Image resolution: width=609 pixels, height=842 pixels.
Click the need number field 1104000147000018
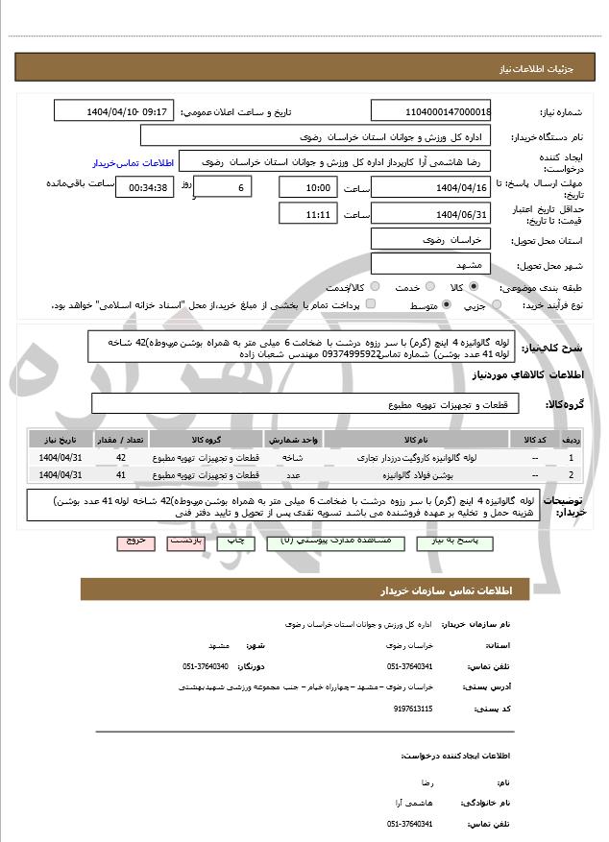[430, 111]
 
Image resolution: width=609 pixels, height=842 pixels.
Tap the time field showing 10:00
[307, 187]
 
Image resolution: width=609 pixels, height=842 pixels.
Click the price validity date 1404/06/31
[430, 213]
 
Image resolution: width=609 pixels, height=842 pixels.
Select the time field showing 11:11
[307, 213]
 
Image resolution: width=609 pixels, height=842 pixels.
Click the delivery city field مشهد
[430, 263]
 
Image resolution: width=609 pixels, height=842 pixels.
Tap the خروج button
[134, 541]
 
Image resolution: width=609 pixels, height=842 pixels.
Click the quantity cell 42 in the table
[120, 458]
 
